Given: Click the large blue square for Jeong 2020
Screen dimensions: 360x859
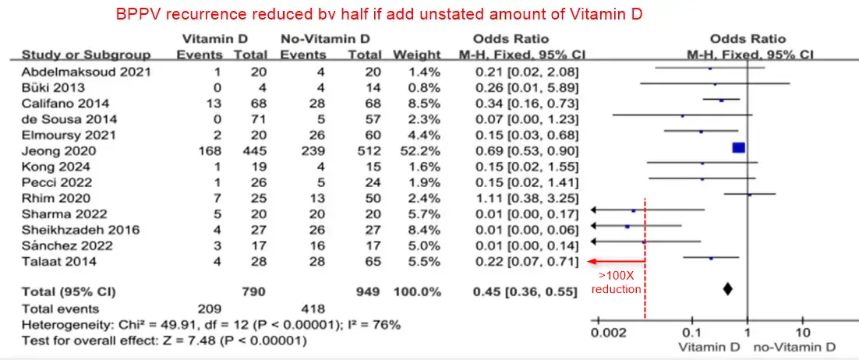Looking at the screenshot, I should [739, 147].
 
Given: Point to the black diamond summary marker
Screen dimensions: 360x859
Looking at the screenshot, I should [727, 289].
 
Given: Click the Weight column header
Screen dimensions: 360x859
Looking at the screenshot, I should [417, 55].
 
